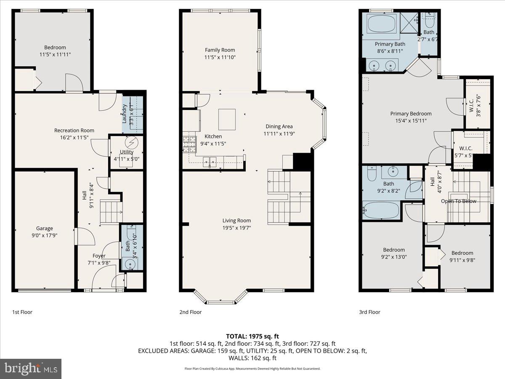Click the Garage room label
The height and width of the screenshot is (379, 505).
tap(44, 229)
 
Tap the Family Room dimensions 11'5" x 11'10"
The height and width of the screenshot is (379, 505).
tap(220, 57)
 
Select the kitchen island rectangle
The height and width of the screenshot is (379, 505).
tap(227, 119)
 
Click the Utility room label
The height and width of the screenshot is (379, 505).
tap(126, 152)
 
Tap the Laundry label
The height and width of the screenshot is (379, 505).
tap(125, 113)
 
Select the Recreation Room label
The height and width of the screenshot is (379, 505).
tap(74, 131)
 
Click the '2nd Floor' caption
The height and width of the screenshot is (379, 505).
tap(190, 312)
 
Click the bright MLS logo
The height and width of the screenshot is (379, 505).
tap(31, 368)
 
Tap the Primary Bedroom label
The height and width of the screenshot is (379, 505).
tap(411, 114)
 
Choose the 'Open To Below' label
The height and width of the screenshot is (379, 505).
tap(458, 201)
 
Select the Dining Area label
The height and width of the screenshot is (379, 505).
tap(279, 126)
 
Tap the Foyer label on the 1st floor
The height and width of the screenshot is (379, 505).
tap(99, 256)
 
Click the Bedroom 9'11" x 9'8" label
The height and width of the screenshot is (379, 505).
tap(462, 253)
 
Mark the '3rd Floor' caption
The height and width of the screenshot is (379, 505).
tap(369, 312)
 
